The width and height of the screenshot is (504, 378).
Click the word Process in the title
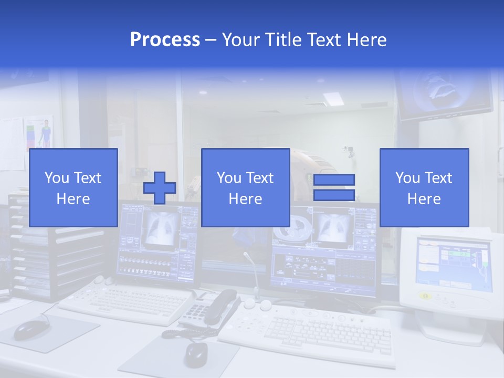click(165, 40)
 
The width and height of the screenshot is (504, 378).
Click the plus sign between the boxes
click(160, 188)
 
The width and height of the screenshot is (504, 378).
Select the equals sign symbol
click(334, 187)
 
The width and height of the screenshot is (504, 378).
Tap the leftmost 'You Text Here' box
click(73, 187)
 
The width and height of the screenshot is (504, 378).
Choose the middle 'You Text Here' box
click(245, 187)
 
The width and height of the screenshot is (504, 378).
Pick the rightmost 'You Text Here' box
click(424, 187)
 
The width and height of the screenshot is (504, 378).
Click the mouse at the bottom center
click(196, 354)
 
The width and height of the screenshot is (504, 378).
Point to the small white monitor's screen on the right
click(453, 263)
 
